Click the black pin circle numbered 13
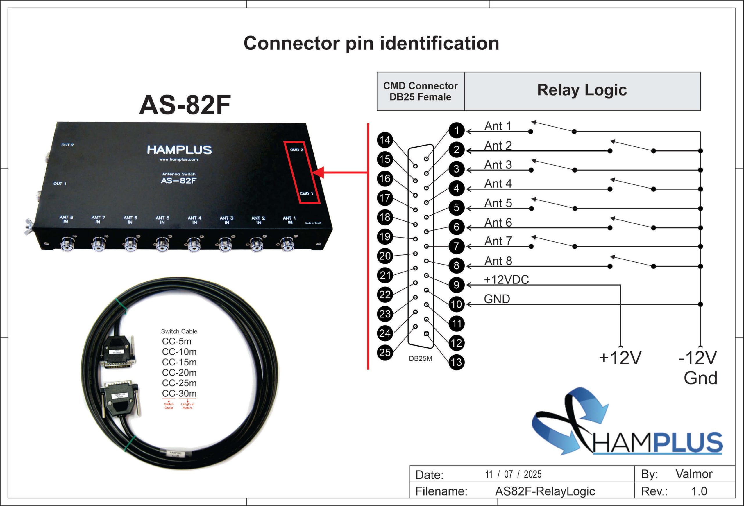tap(457, 362)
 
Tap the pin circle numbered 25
tap(385, 352)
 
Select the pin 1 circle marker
tap(457, 130)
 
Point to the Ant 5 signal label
tap(498, 203)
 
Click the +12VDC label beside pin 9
tap(506, 280)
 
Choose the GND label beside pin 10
tap(497, 299)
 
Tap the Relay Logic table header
tap(582, 90)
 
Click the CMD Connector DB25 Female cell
tap(420, 91)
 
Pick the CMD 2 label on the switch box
tap(296, 150)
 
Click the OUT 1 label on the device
tap(60, 184)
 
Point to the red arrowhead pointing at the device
tap(318, 173)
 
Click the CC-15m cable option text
tap(179, 362)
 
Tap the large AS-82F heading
tap(185, 105)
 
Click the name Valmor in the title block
tap(694, 474)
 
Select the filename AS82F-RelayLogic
tap(545, 491)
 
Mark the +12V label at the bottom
tap(620, 358)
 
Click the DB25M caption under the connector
tap(420, 359)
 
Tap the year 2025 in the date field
tap(532, 474)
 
